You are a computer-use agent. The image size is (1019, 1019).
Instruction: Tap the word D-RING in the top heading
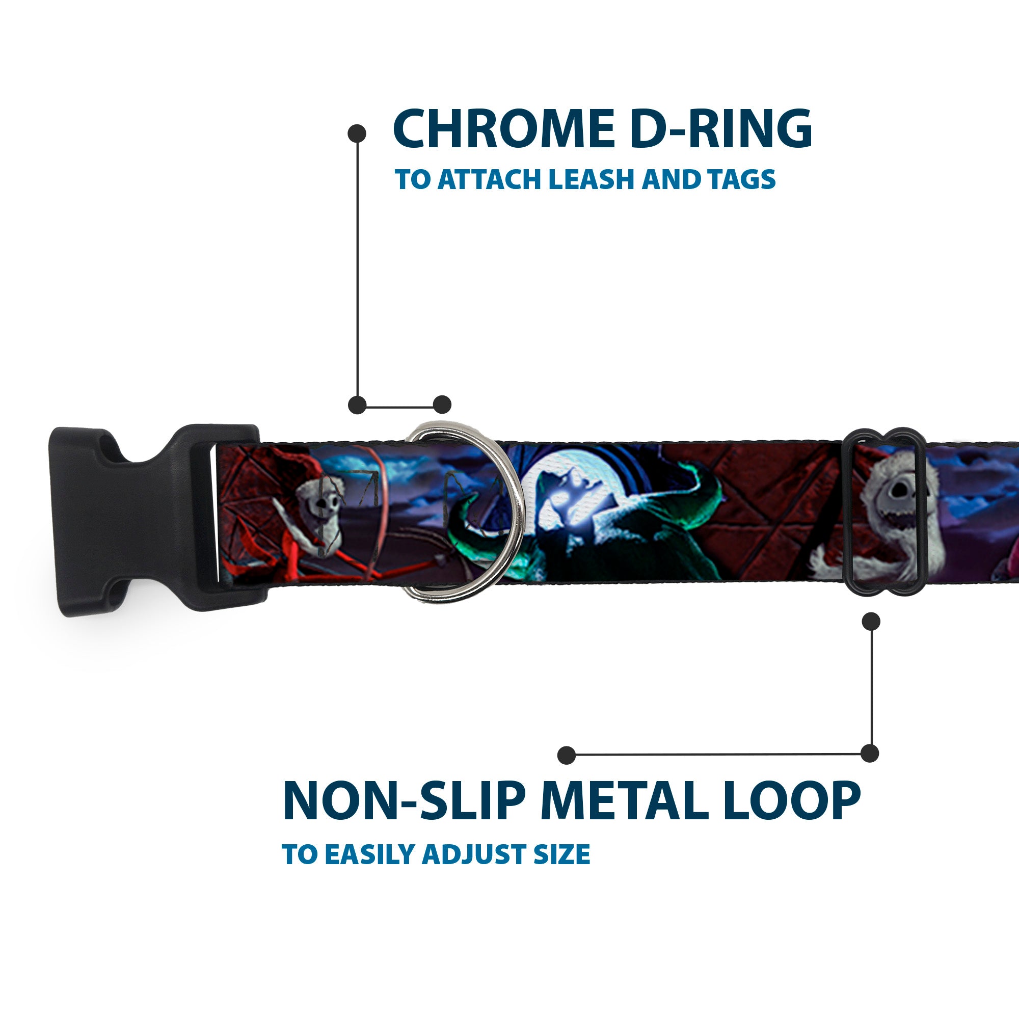point(720,129)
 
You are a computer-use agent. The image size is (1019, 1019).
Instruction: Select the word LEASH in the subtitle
point(591,179)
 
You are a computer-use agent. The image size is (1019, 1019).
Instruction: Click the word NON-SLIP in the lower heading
point(404,801)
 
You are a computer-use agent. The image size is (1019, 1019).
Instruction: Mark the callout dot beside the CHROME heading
point(357,133)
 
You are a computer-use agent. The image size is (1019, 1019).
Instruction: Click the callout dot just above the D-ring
point(442,405)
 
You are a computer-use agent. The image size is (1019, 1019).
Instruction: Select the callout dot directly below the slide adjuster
point(871,621)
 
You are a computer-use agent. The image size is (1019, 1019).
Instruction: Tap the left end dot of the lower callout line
point(567,755)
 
